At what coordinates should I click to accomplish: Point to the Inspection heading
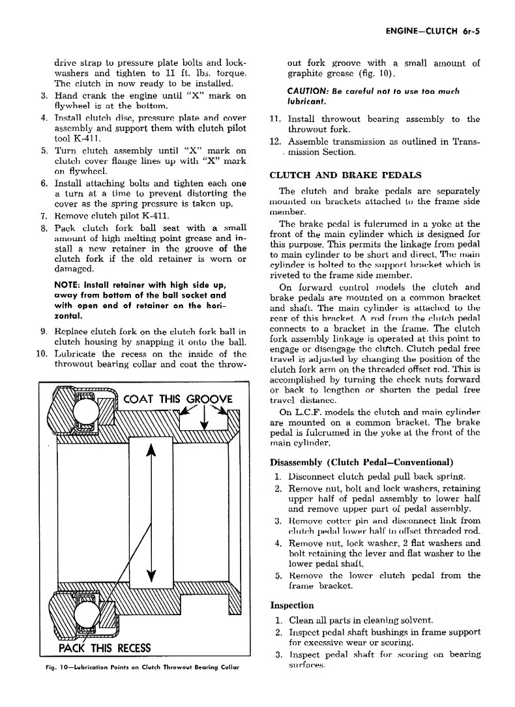pyautogui.click(x=291, y=605)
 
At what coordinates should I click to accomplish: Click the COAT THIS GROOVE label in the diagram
pyautogui.click(x=178, y=399)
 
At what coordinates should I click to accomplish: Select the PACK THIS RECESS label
pyautogui.click(x=104, y=648)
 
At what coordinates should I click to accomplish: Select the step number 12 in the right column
pyautogui.click(x=274, y=141)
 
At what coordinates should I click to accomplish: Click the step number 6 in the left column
pyautogui.click(x=43, y=183)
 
